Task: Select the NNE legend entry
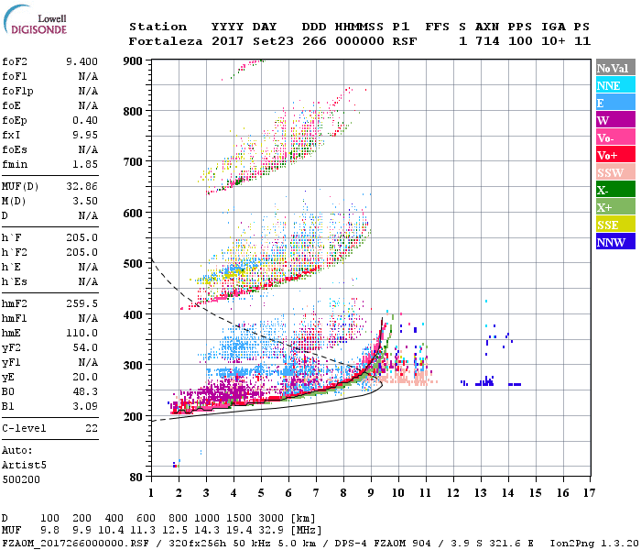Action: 608,85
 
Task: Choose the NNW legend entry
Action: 610,242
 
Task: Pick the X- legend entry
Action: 604,190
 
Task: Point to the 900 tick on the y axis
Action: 134,60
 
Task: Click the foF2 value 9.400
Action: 81,61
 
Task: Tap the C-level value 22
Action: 92,428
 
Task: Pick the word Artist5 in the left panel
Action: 24,465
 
